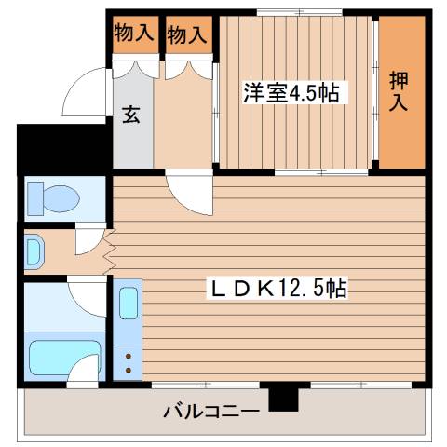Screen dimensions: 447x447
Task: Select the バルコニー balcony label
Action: pyautogui.click(x=210, y=410)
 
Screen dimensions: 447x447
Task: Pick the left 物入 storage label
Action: pyautogui.click(x=133, y=34)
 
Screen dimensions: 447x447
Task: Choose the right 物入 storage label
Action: pyautogui.click(x=186, y=34)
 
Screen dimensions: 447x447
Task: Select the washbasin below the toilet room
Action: pyautogui.click(x=35, y=250)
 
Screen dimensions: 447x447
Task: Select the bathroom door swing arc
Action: pyautogui.click(x=88, y=298)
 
